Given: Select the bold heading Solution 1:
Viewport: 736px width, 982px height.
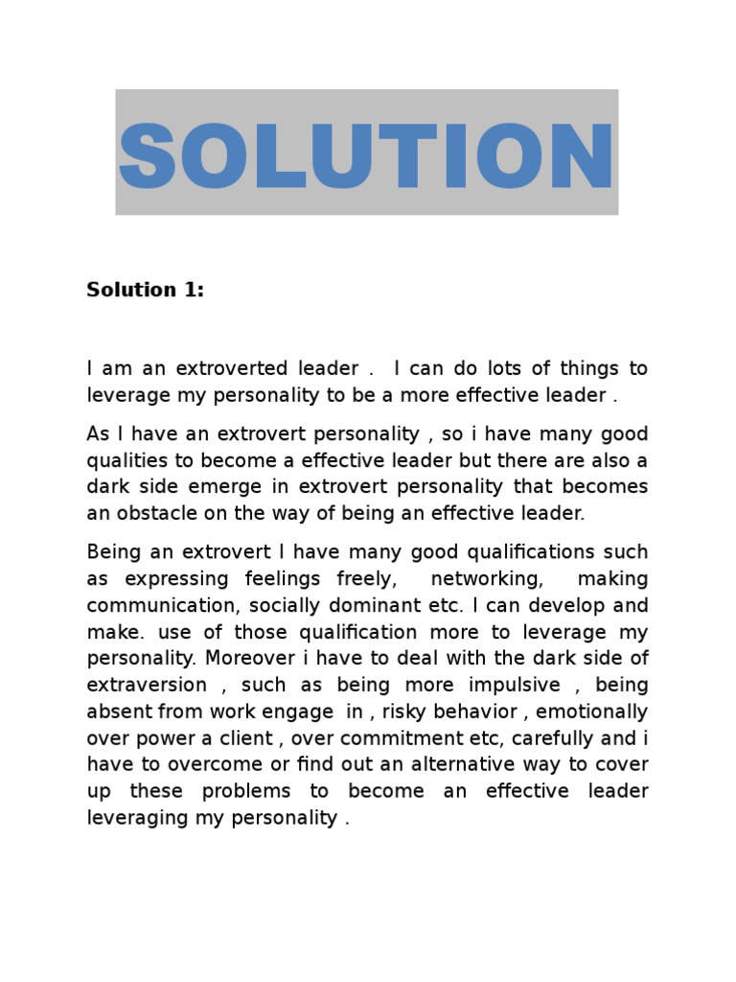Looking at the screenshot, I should click(145, 290).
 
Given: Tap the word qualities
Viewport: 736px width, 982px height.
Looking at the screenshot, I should click(122, 460).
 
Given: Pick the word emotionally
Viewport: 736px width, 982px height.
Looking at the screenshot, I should click(594, 713).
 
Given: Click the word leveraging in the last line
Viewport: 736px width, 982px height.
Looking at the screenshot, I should click(133, 818).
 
